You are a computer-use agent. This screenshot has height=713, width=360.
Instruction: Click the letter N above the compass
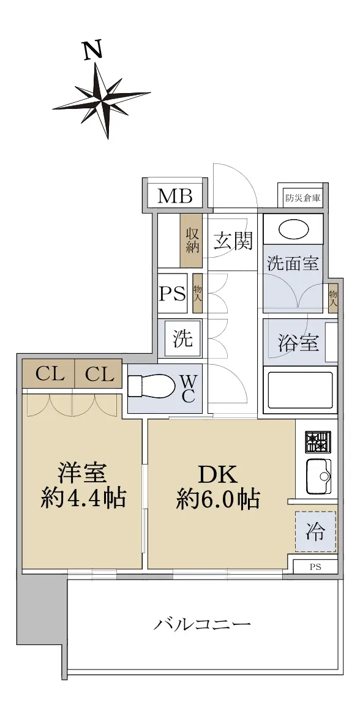click(93, 50)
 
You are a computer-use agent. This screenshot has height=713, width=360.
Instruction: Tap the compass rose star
click(102, 100)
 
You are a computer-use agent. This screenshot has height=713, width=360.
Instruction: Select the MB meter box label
click(174, 196)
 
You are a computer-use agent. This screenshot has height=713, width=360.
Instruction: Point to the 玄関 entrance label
click(233, 242)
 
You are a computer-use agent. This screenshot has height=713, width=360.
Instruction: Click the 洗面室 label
click(292, 264)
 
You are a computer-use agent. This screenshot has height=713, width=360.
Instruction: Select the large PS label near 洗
click(173, 293)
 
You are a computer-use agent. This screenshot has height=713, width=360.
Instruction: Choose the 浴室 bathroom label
click(298, 343)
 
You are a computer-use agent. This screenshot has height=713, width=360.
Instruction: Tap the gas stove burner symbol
click(318, 442)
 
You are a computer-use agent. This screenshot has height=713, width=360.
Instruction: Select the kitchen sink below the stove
click(318, 477)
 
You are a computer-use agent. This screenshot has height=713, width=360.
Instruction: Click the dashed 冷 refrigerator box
click(315, 531)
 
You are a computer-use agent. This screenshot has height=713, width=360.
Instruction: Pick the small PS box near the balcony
click(315, 567)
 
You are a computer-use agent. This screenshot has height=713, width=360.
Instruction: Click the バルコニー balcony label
click(201, 624)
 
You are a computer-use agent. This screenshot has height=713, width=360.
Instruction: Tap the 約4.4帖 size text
click(83, 499)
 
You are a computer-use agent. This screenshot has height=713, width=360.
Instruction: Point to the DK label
click(218, 476)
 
